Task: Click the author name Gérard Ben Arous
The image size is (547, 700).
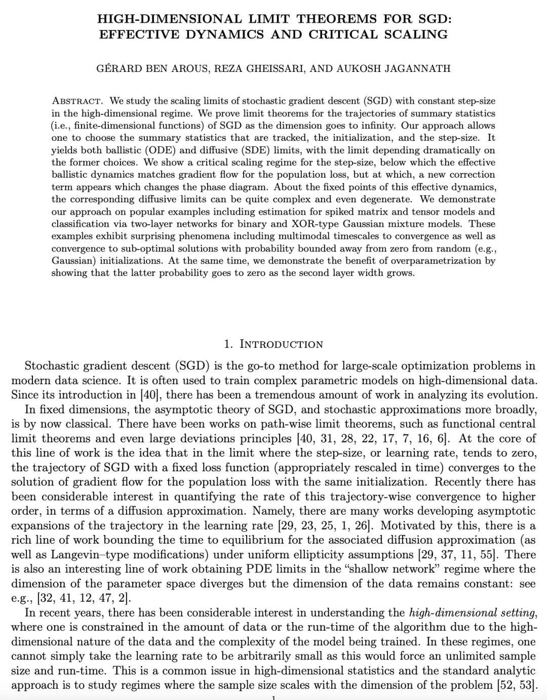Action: tap(152, 68)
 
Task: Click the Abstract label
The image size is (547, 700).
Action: tap(77, 101)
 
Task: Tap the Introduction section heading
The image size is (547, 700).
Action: tap(273, 344)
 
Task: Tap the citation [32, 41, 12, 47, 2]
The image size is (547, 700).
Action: tap(84, 598)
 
